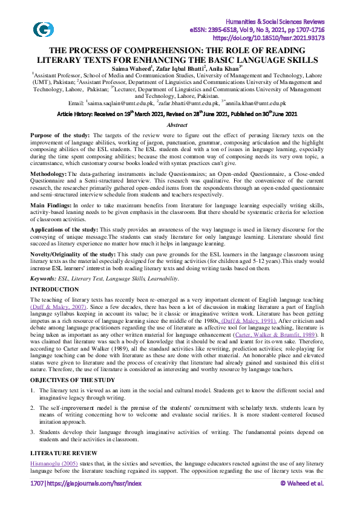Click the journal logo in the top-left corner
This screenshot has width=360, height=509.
[x=43, y=29]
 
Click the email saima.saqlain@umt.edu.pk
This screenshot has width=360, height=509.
[x=121, y=103]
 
